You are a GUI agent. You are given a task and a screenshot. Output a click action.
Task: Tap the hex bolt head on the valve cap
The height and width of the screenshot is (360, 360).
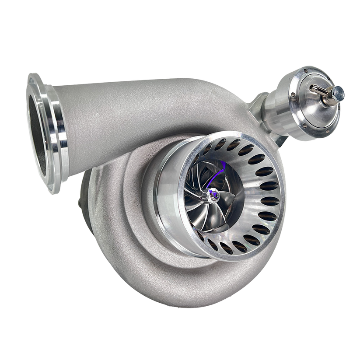pos(339,92)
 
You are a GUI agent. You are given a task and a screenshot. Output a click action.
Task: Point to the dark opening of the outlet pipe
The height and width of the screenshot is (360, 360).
pos(37,131)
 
